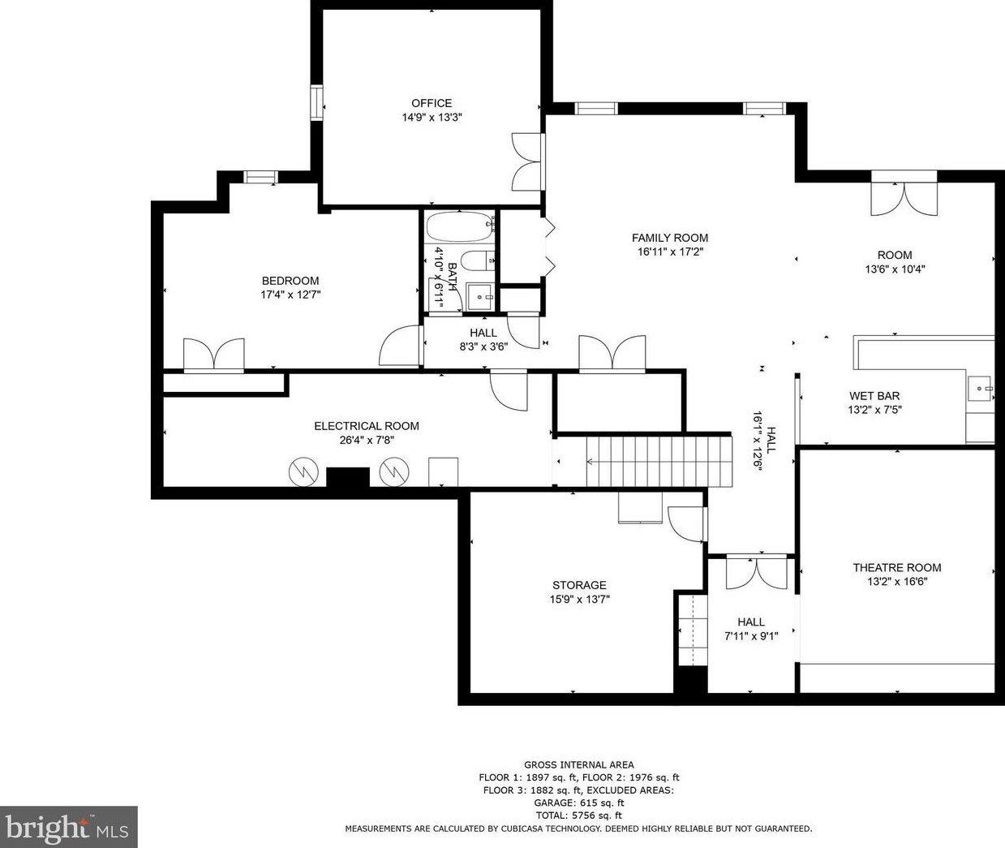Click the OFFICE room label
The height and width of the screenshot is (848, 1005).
(x=432, y=103)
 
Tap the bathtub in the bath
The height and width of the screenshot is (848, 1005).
(x=461, y=226)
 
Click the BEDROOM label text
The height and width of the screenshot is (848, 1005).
(x=290, y=281)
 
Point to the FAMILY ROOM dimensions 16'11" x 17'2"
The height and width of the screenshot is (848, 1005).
(x=670, y=252)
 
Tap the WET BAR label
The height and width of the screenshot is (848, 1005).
(x=874, y=396)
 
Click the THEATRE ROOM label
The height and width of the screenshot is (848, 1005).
(x=897, y=568)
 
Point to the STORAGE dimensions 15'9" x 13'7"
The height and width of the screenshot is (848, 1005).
(x=579, y=600)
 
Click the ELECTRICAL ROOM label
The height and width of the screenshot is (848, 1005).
(x=367, y=426)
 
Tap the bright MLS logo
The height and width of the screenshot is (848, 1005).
(x=68, y=827)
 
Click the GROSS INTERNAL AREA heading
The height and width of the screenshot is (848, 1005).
(x=579, y=764)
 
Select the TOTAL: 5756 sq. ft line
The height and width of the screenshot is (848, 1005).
(x=579, y=816)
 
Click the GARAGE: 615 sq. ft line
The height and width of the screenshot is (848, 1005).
(x=579, y=803)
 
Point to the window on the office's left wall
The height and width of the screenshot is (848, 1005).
(x=316, y=102)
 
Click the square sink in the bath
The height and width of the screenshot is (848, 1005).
(x=480, y=298)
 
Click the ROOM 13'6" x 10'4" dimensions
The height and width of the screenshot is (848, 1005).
(x=895, y=269)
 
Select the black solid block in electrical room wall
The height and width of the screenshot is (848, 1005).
(x=347, y=478)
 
